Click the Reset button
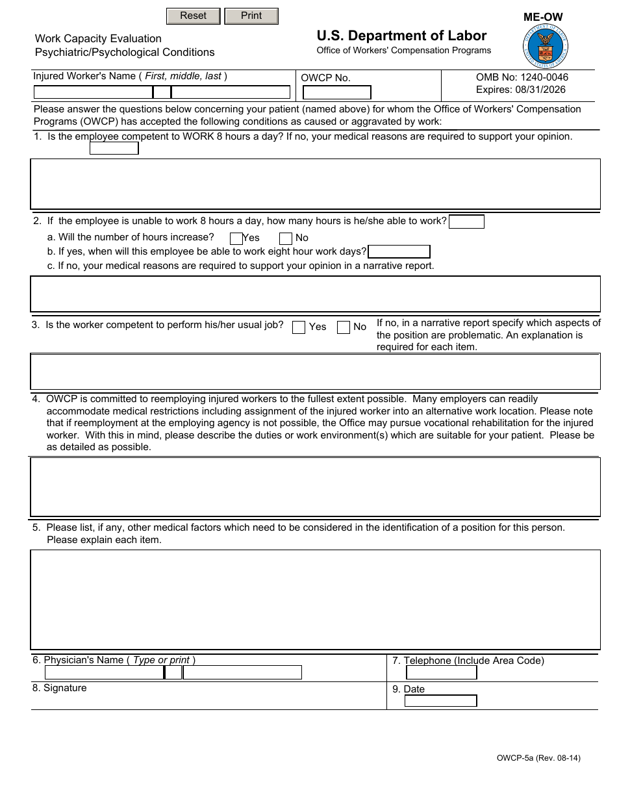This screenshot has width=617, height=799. click(193, 16)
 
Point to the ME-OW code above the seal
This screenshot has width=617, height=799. click(543, 18)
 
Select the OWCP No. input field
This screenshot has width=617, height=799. click(337, 93)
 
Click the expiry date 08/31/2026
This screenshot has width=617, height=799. click(520, 90)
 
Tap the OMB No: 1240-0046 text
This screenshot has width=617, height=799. click(522, 77)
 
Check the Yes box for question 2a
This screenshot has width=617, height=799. click(236, 238)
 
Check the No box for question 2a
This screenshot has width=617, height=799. click(285, 238)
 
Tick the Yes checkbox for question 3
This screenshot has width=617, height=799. click(299, 327)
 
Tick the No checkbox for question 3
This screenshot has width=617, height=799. click(344, 327)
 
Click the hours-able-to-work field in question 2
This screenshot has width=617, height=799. click(466, 222)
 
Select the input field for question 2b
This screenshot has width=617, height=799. click(399, 252)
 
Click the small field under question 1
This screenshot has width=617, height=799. click(114, 148)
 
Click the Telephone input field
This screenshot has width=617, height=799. click(440, 673)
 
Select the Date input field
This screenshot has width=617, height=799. click(440, 701)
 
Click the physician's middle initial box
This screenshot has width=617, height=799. click(173, 672)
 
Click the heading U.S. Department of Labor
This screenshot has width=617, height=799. click(401, 36)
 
